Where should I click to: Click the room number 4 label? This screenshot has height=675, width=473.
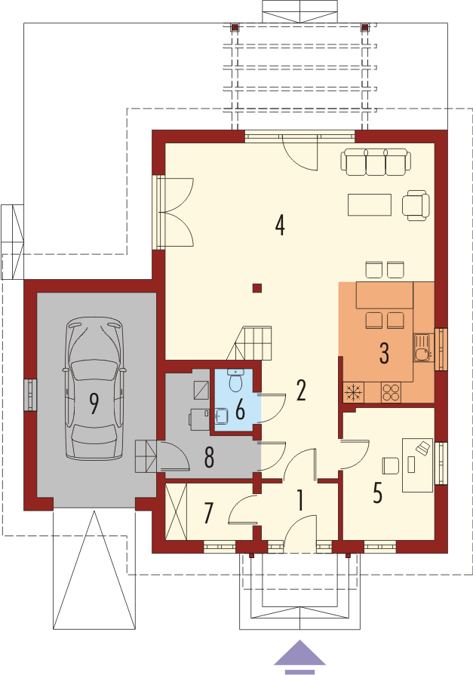[x=280, y=226]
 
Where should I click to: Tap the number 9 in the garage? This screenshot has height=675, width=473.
[x=94, y=403]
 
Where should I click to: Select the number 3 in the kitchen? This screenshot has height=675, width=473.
[x=384, y=353]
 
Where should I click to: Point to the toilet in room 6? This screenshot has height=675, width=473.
[x=235, y=379]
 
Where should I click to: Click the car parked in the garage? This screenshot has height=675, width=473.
[x=94, y=388]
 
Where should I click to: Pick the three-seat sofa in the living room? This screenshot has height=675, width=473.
[x=376, y=162]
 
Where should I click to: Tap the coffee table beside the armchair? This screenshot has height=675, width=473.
[x=370, y=204]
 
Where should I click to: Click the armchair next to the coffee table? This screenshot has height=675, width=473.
[x=416, y=205]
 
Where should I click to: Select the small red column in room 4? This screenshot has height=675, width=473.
[x=257, y=288]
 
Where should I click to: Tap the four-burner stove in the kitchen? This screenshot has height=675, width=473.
[x=392, y=391]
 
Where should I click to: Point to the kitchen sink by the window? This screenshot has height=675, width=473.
[x=422, y=348]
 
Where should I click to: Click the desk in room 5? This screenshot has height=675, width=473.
[x=417, y=465]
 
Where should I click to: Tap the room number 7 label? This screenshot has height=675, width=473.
[x=208, y=513]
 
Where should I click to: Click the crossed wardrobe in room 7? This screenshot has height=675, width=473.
[x=177, y=511]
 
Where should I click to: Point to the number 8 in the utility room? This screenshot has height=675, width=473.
[x=210, y=458]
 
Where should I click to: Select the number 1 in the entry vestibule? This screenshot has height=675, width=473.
[x=300, y=500]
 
